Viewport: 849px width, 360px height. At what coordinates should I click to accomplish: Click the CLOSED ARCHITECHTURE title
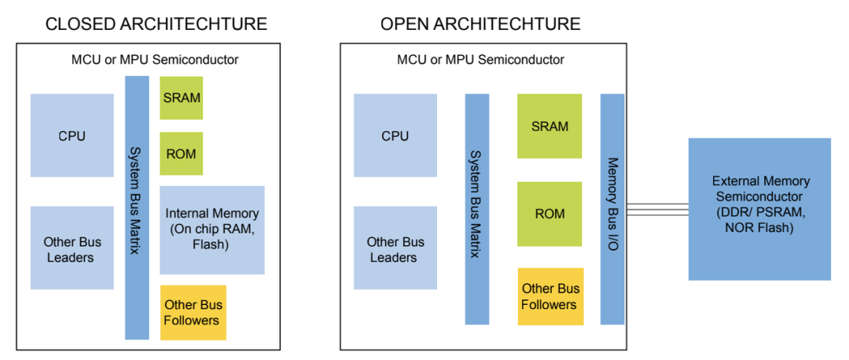pyautogui.click(x=156, y=24)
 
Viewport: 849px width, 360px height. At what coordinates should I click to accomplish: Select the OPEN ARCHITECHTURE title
pyautogui.click(x=480, y=24)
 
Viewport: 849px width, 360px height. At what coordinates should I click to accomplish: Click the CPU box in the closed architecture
pyautogui.click(x=72, y=135)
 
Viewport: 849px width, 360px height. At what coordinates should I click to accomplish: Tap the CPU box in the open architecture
pyautogui.click(x=395, y=135)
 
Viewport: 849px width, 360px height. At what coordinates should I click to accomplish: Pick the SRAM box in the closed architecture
pyautogui.click(x=182, y=97)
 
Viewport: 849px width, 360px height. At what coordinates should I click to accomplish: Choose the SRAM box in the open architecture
pyautogui.click(x=549, y=126)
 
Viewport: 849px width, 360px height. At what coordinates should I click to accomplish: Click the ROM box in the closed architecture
pyautogui.click(x=182, y=153)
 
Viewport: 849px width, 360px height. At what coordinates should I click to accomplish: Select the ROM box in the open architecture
pyautogui.click(x=549, y=213)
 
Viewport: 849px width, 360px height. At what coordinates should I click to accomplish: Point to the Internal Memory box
pyautogui.click(x=212, y=230)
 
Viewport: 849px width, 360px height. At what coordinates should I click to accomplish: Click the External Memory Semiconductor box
pyautogui.click(x=759, y=208)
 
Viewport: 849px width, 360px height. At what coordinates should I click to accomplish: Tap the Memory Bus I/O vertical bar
pyautogui.click(x=612, y=209)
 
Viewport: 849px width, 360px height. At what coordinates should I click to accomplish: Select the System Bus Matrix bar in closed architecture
pyautogui.click(x=138, y=208)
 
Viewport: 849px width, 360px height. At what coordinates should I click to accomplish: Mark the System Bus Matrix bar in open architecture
pyautogui.click(x=477, y=209)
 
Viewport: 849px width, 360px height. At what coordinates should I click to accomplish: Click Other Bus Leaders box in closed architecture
pyautogui.click(x=72, y=248)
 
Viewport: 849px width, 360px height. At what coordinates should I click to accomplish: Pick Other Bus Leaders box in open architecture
pyautogui.click(x=395, y=248)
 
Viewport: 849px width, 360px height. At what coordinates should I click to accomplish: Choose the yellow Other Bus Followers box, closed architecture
pyautogui.click(x=193, y=312)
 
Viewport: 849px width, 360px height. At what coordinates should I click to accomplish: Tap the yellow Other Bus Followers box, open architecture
pyautogui.click(x=550, y=296)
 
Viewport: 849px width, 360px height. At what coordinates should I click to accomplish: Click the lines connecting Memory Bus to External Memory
pyautogui.click(x=656, y=208)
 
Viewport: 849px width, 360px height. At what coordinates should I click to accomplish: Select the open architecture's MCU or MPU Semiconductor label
pyautogui.click(x=480, y=59)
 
